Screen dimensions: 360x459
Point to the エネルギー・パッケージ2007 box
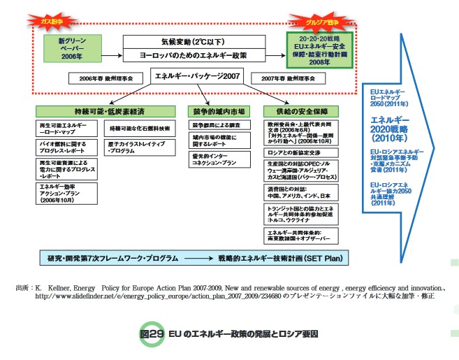(x=198, y=75)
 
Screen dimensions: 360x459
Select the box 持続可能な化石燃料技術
(x=138, y=129)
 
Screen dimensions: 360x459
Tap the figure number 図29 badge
(x=149, y=333)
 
